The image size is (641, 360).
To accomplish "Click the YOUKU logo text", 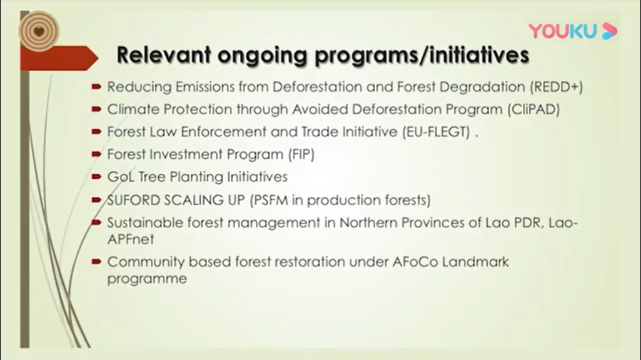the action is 563,31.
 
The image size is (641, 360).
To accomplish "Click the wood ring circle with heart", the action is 39,31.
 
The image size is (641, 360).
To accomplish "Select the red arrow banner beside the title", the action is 59,58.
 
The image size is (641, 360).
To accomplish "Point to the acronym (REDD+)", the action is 557,87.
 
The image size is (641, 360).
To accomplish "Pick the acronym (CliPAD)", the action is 533,109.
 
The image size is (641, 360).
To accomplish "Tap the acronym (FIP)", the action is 301,154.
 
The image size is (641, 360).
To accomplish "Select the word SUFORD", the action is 134,200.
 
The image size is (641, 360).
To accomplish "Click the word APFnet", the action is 131,239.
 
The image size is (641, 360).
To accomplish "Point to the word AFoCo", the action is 415,261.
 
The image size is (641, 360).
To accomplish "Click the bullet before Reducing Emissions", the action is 96,87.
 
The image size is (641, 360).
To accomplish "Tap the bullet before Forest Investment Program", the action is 96,154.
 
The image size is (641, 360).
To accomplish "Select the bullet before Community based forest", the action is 96,261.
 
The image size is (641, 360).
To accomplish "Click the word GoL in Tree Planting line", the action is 121,176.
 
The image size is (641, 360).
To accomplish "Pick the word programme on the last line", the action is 147,279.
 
